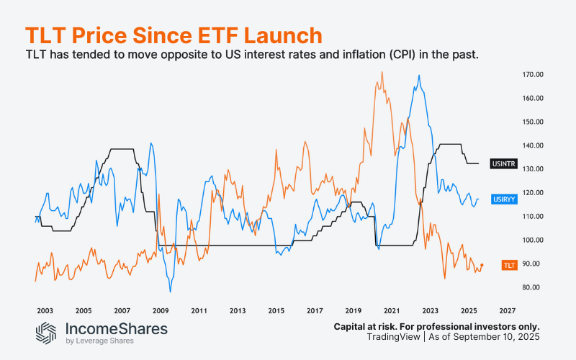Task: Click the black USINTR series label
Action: [503, 165]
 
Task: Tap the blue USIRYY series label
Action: [503, 199]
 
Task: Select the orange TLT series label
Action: [509, 266]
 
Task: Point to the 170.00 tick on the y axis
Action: [534, 74]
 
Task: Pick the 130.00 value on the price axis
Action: [534, 169]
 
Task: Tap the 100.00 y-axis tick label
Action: [534, 240]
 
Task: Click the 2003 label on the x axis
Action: [45, 311]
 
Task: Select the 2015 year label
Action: [276, 311]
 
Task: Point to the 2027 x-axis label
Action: [506, 311]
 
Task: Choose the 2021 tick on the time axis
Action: [391, 311]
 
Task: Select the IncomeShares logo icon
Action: [47, 333]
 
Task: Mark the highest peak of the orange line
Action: [381, 71]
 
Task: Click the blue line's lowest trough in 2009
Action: [171, 291]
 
